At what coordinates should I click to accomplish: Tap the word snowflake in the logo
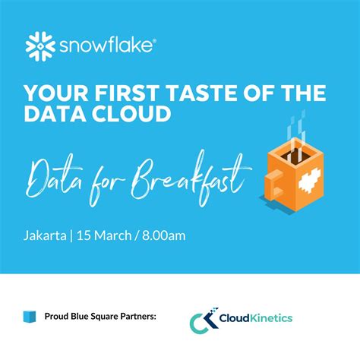[104, 47]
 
